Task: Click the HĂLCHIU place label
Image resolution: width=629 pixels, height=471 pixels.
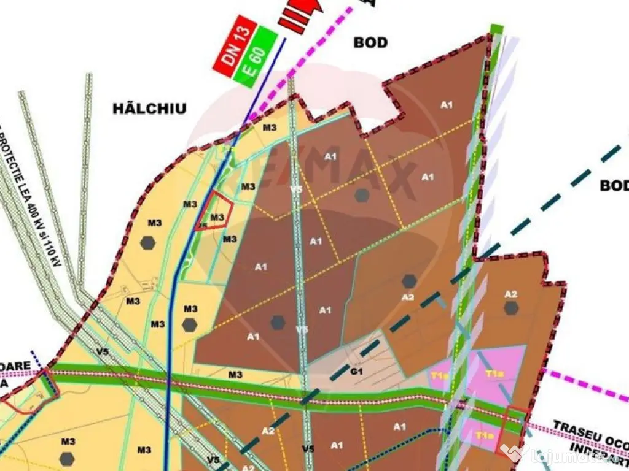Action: (x=149, y=109)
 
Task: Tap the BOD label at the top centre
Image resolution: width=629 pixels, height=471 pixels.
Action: (x=371, y=42)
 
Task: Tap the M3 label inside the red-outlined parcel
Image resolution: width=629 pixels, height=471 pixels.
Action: (x=216, y=217)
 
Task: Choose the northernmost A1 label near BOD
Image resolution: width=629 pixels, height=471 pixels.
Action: (x=447, y=105)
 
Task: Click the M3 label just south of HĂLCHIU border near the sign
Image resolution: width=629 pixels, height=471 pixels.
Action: (x=270, y=128)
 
